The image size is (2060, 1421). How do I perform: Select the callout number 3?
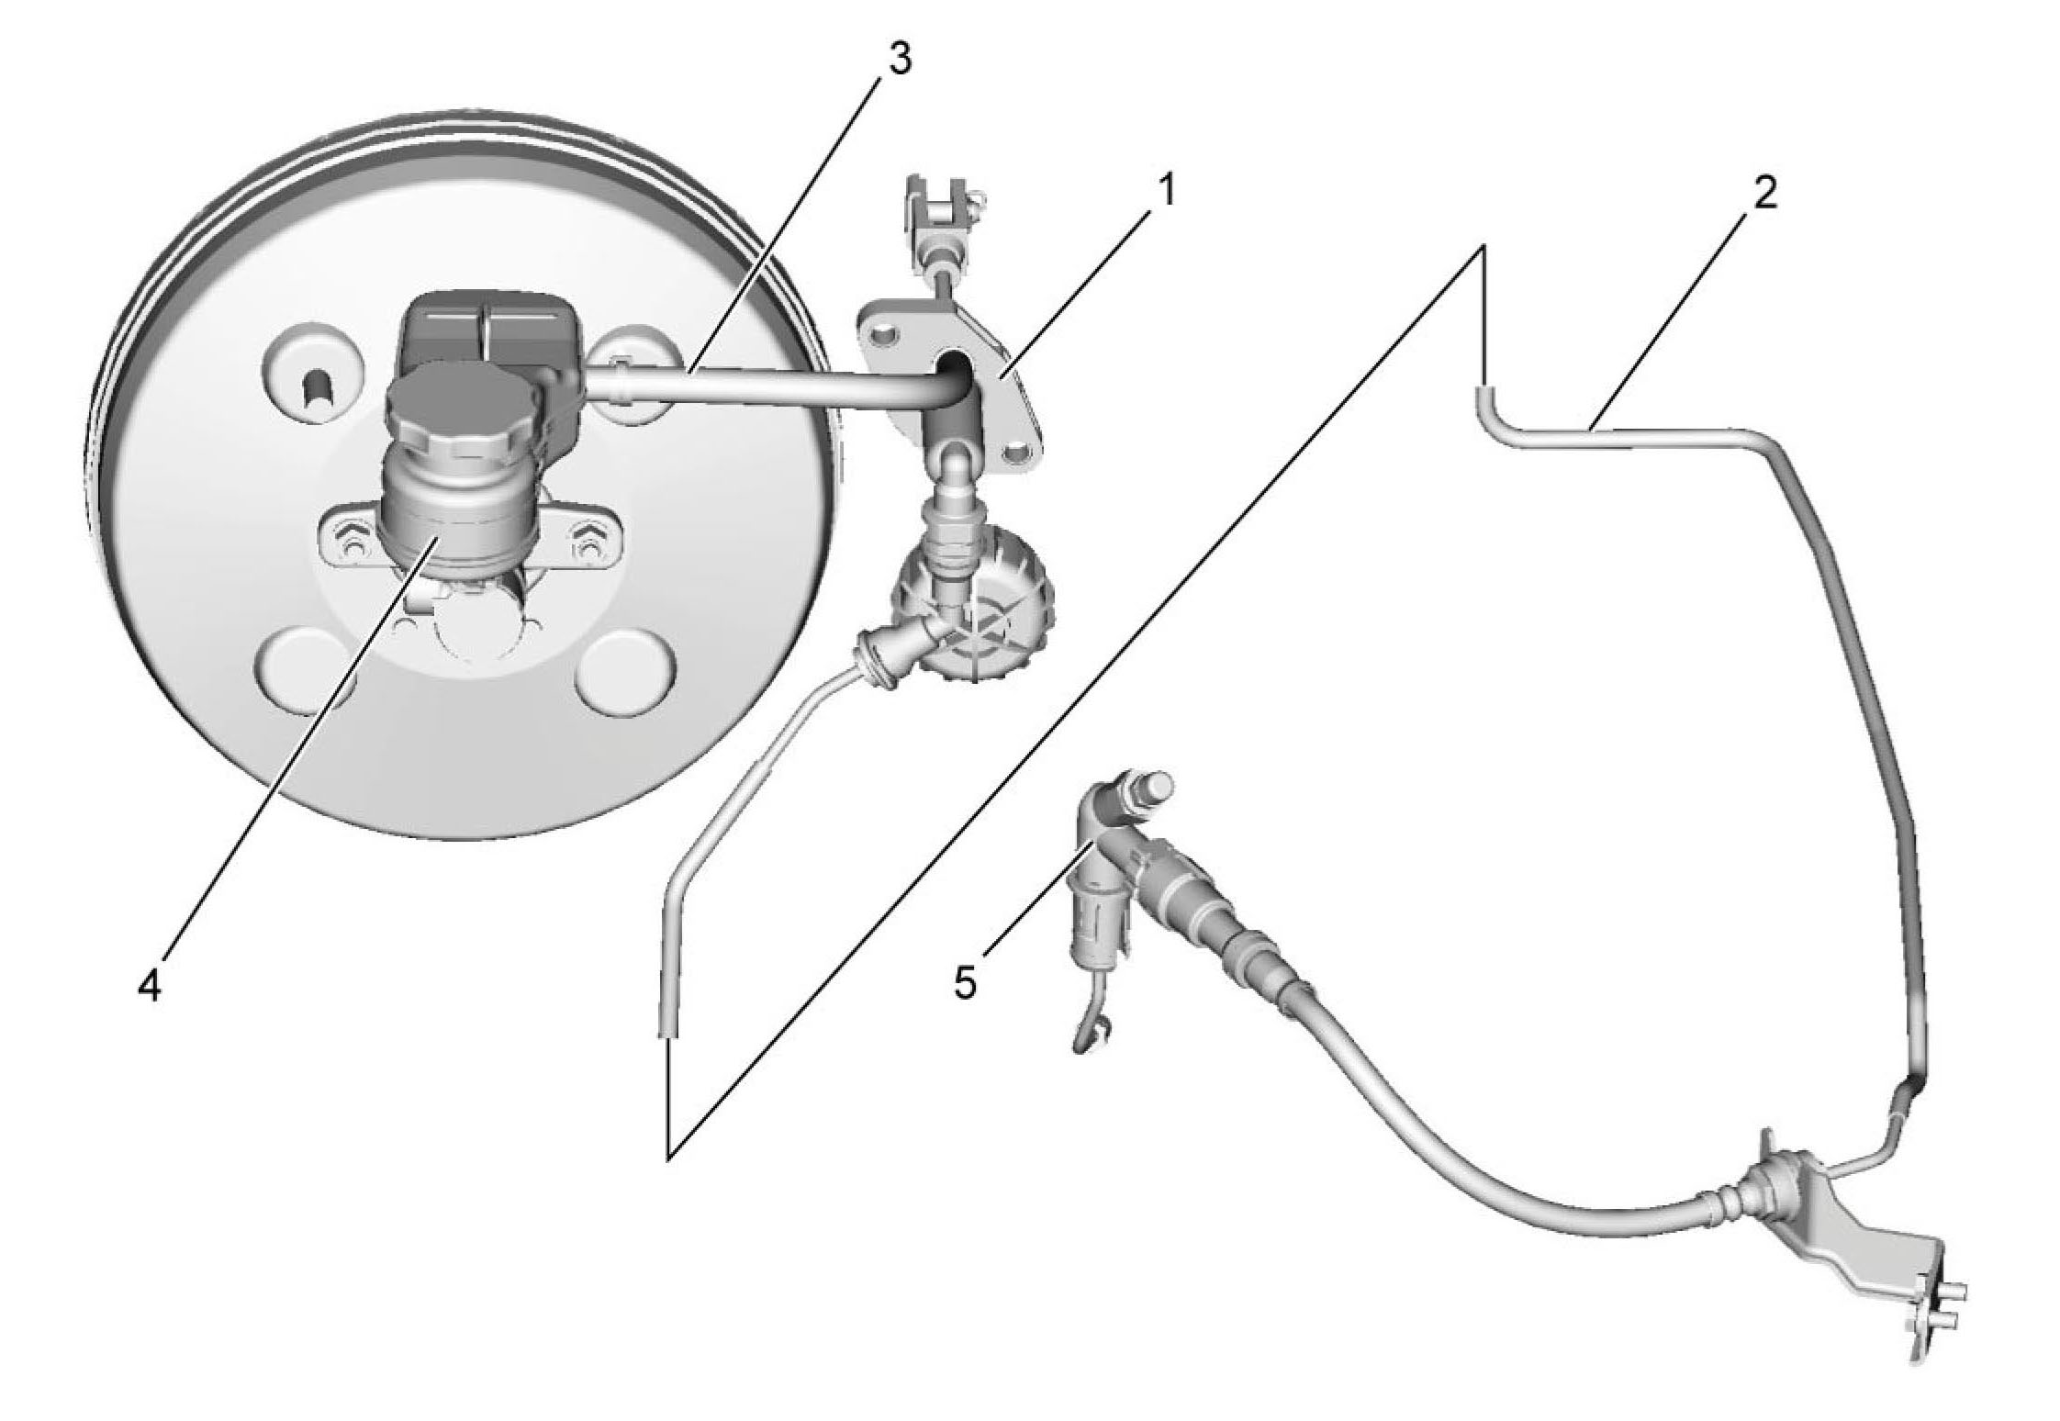(896, 59)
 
